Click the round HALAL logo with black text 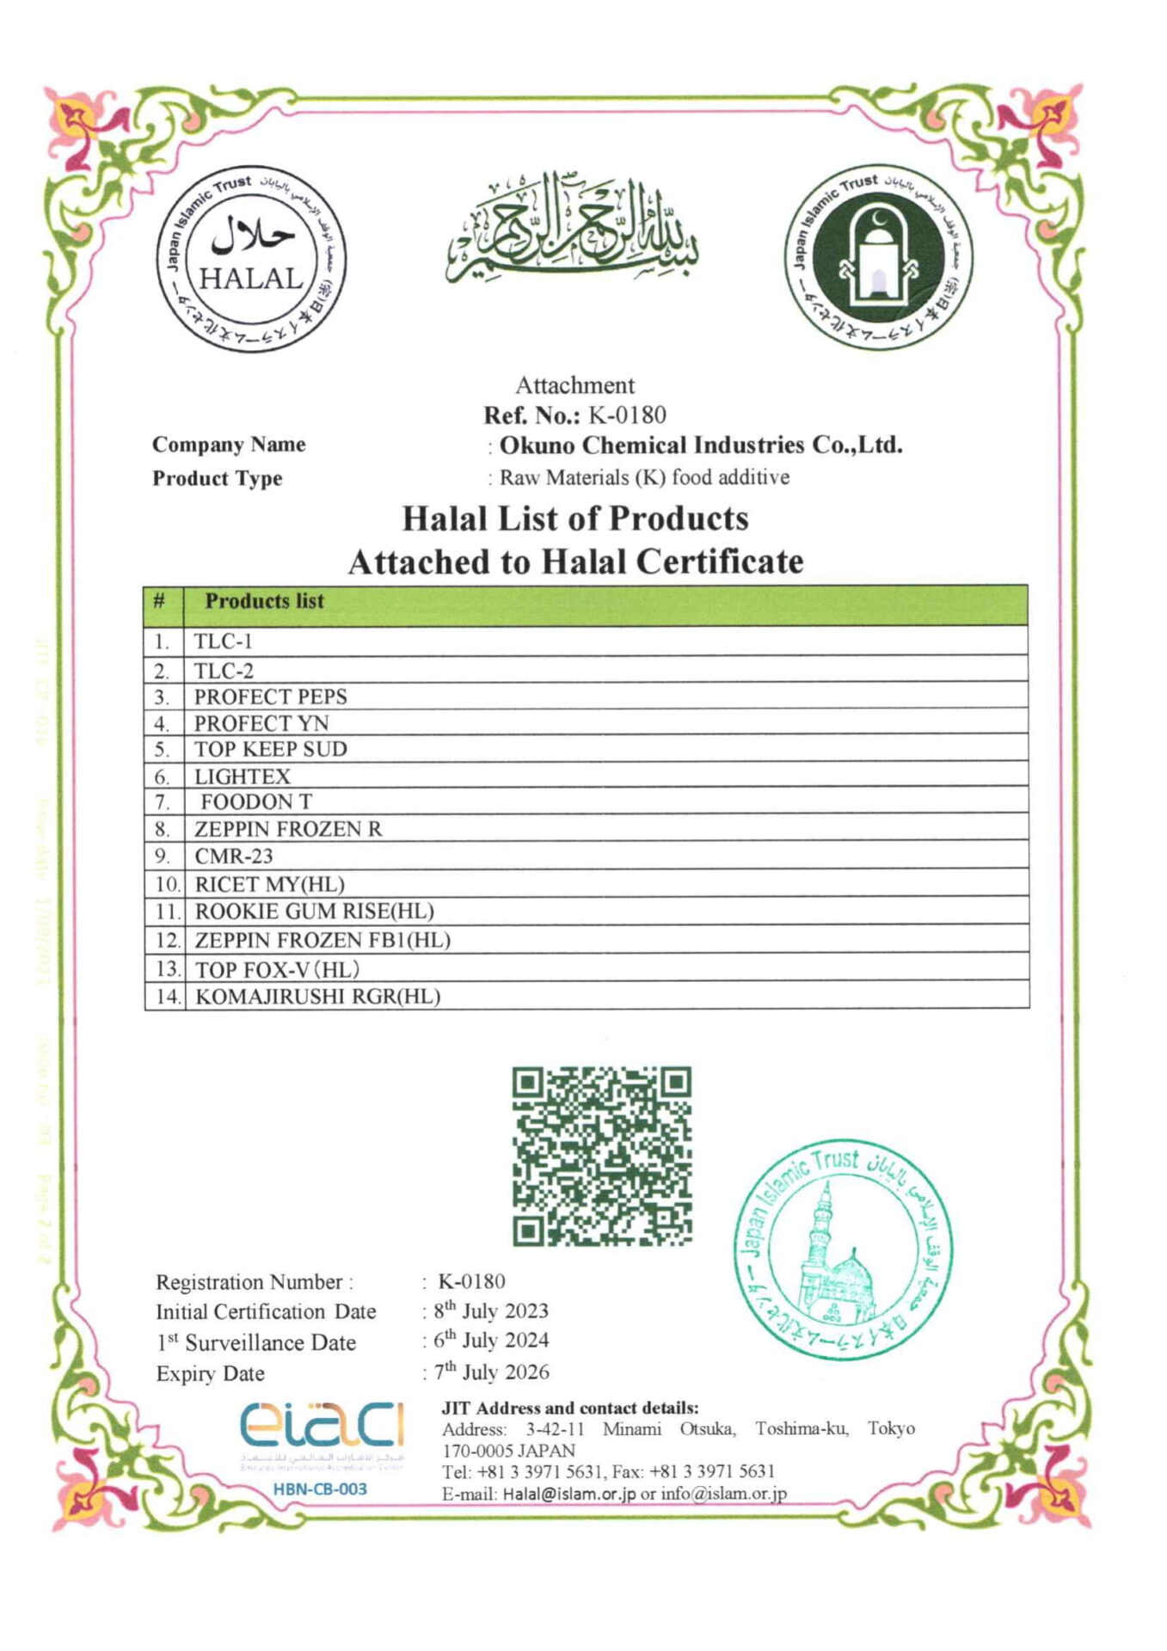[x=250, y=258]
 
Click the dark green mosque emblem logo [x=878, y=258]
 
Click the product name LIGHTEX [x=243, y=776]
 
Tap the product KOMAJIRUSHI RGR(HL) [x=317, y=997]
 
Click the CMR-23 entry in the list [x=233, y=856]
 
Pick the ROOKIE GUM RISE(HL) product [x=314, y=911]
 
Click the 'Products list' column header [x=264, y=601]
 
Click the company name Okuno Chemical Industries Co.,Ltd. [x=701, y=445]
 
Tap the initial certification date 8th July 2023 [x=491, y=1311]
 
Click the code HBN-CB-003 [x=320, y=1489]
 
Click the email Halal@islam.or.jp [x=568, y=1494]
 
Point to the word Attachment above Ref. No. [x=574, y=385]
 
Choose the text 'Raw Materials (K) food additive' [x=644, y=477]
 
